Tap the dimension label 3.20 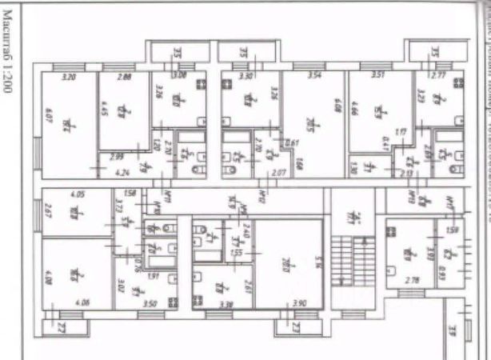pos(68,77)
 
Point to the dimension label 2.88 pos(123,77)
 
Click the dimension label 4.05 pos(78,194)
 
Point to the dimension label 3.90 pos(300,304)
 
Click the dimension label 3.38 pos(226,304)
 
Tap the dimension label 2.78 pos(413,282)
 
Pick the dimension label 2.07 pos(278,172)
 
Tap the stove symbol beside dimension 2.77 pos(458,95)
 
